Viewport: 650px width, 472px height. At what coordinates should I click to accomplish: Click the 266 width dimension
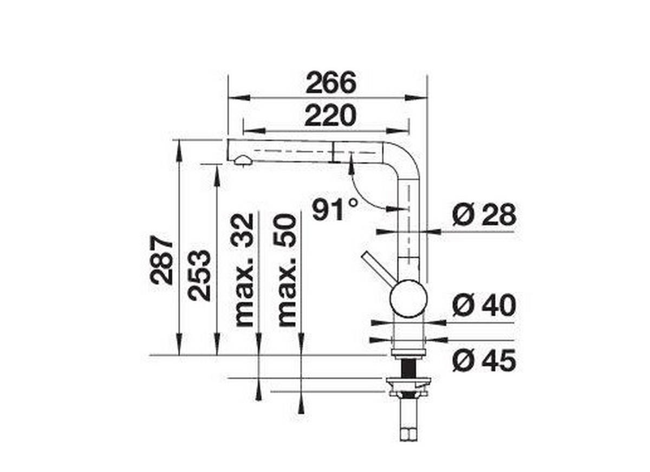(x=331, y=83)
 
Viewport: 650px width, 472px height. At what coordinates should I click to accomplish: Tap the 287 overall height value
(x=162, y=260)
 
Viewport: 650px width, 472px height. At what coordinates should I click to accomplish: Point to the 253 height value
(x=199, y=275)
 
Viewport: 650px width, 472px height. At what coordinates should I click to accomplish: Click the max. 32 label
(x=244, y=270)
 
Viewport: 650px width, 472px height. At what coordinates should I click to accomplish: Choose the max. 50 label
(x=287, y=270)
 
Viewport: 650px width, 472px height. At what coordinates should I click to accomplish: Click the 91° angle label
(x=335, y=210)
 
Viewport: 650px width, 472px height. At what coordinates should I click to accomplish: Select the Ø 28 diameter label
(x=484, y=215)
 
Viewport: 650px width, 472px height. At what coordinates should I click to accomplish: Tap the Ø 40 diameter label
(x=484, y=307)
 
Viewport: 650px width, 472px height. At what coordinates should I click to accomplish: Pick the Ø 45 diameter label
(x=484, y=361)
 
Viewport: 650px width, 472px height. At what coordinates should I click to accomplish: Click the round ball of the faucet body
(x=408, y=298)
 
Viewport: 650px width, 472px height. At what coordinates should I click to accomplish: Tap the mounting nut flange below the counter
(x=408, y=386)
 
